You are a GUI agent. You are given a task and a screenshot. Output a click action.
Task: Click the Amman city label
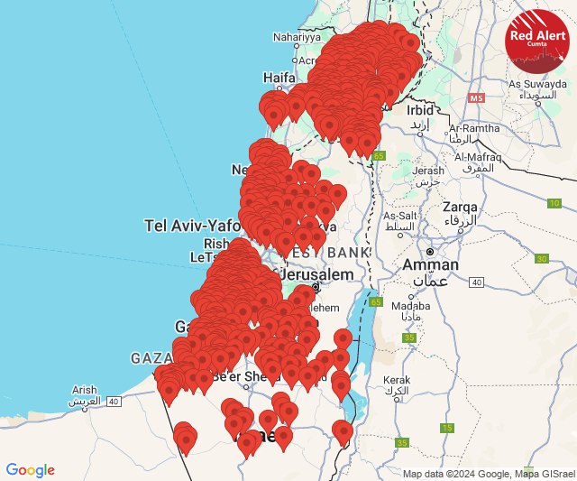[x=430, y=265]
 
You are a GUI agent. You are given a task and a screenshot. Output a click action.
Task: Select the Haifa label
[x=279, y=78]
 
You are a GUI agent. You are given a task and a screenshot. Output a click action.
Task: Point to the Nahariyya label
[x=297, y=38]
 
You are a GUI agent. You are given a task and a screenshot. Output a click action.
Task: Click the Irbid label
[x=420, y=109]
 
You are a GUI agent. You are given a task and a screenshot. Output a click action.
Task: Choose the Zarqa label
[x=460, y=208]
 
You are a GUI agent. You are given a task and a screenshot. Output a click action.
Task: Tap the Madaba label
[x=411, y=306]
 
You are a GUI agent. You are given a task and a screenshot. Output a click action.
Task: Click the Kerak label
[x=398, y=381]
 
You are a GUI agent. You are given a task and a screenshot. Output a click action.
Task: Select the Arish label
[x=83, y=390]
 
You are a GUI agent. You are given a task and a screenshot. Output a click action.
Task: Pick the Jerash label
[x=429, y=170]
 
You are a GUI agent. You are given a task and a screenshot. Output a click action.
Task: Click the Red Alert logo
[x=536, y=40]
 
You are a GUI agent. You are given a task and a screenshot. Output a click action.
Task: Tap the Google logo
[x=30, y=470]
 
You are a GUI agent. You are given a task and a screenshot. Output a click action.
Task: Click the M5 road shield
[x=476, y=97]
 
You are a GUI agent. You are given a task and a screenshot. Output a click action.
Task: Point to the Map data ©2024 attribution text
[x=487, y=474]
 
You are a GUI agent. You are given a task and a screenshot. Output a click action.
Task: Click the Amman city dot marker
[x=431, y=251]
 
